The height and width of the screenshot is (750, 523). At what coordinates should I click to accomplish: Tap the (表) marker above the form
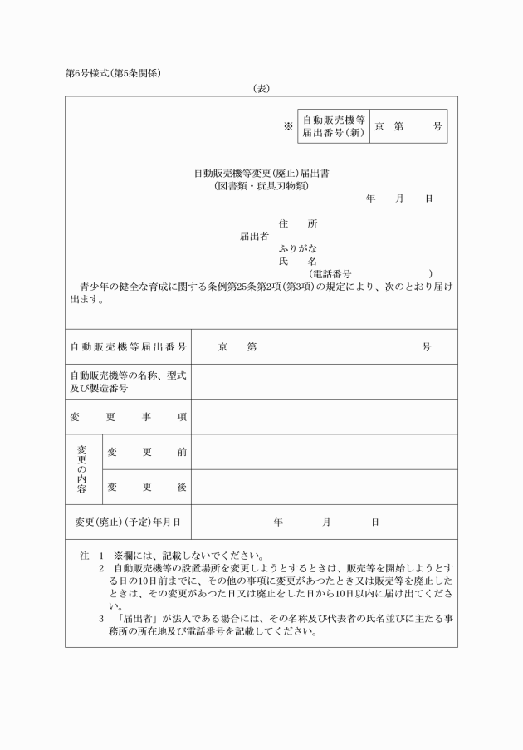pos(261,87)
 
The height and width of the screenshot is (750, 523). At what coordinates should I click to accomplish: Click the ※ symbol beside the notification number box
pos(288,126)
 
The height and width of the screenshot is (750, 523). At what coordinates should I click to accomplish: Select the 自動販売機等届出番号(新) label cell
pos(332,126)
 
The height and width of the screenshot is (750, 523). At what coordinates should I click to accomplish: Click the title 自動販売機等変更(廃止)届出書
pos(261,174)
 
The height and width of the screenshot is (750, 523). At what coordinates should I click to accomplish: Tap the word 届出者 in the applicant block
pos(254,236)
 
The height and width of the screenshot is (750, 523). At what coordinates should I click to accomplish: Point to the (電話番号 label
pos(330,273)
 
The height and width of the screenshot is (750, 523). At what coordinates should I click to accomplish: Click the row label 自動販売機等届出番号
pos(128,346)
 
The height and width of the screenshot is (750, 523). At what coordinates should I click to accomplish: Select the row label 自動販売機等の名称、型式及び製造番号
pos(128,381)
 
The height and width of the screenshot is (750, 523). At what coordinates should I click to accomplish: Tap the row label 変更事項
pos(128,416)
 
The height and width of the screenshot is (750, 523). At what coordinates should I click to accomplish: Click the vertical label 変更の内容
pos(82,468)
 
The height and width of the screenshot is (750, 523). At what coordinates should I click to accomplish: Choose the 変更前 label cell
pos(146,451)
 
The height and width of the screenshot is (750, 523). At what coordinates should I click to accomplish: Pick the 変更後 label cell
pos(146,486)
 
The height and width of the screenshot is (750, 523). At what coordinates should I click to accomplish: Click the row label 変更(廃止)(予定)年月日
pos(128,522)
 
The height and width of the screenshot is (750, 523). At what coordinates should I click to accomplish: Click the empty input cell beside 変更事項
pos(324,416)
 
